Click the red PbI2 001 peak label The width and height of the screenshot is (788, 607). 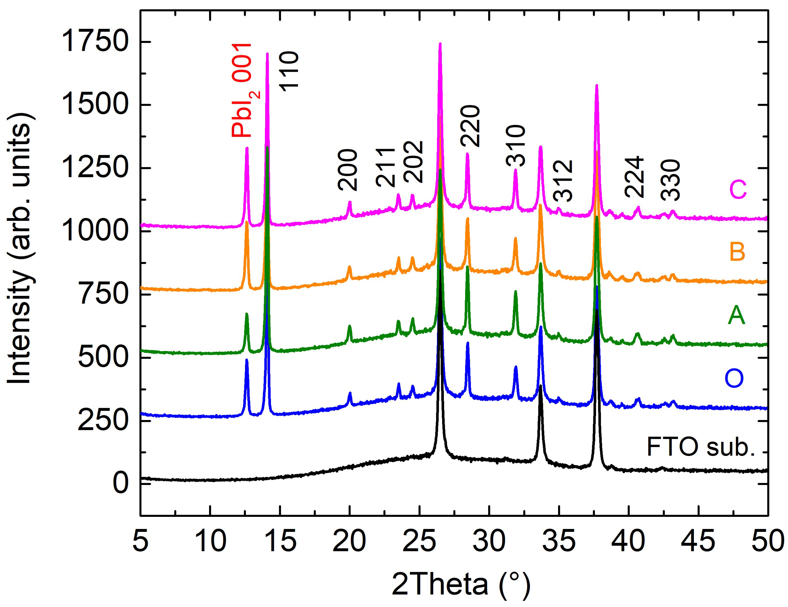point(242,90)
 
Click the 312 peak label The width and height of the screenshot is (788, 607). point(563,180)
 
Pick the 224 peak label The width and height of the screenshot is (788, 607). point(634,177)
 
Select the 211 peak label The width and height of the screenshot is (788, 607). point(385,167)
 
